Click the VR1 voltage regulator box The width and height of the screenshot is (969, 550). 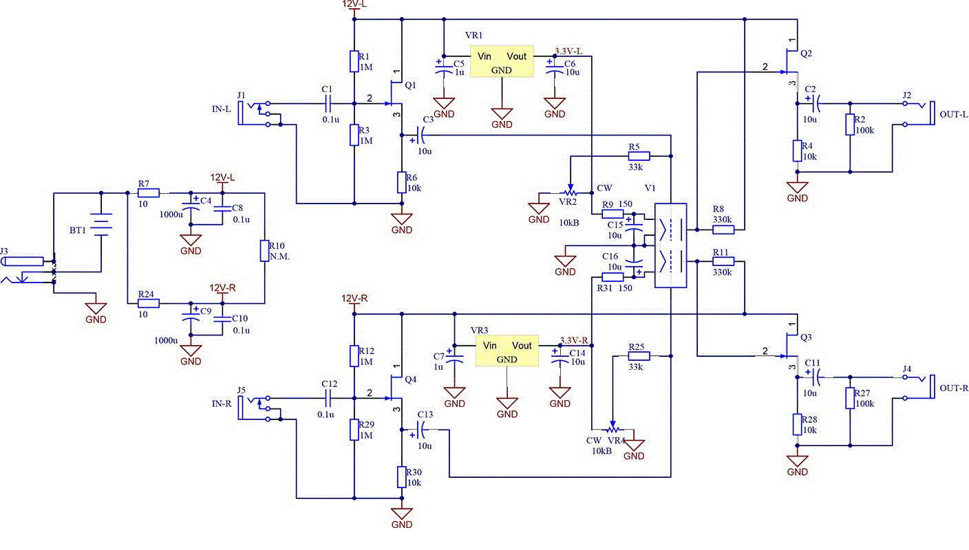[x=501, y=62]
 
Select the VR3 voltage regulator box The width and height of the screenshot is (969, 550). [x=507, y=351]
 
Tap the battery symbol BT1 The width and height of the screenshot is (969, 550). [x=101, y=223]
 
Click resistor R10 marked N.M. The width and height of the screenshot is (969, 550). [x=264, y=251]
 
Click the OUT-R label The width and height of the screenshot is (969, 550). [x=954, y=388]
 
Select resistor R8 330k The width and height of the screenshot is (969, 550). [x=723, y=229]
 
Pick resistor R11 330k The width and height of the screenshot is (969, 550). [x=723, y=261]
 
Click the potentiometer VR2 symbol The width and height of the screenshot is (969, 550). [x=571, y=192]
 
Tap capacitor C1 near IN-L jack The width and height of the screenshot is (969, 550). [x=328, y=103]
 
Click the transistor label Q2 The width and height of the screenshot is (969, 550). [x=807, y=54]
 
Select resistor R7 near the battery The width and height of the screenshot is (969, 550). [x=149, y=192]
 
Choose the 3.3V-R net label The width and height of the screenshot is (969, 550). [x=575, y=340]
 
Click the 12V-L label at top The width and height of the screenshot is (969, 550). [x=354, y=4]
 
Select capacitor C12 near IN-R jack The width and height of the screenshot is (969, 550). [x=328, y=398]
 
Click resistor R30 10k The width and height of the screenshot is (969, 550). [x=402, y=476]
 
